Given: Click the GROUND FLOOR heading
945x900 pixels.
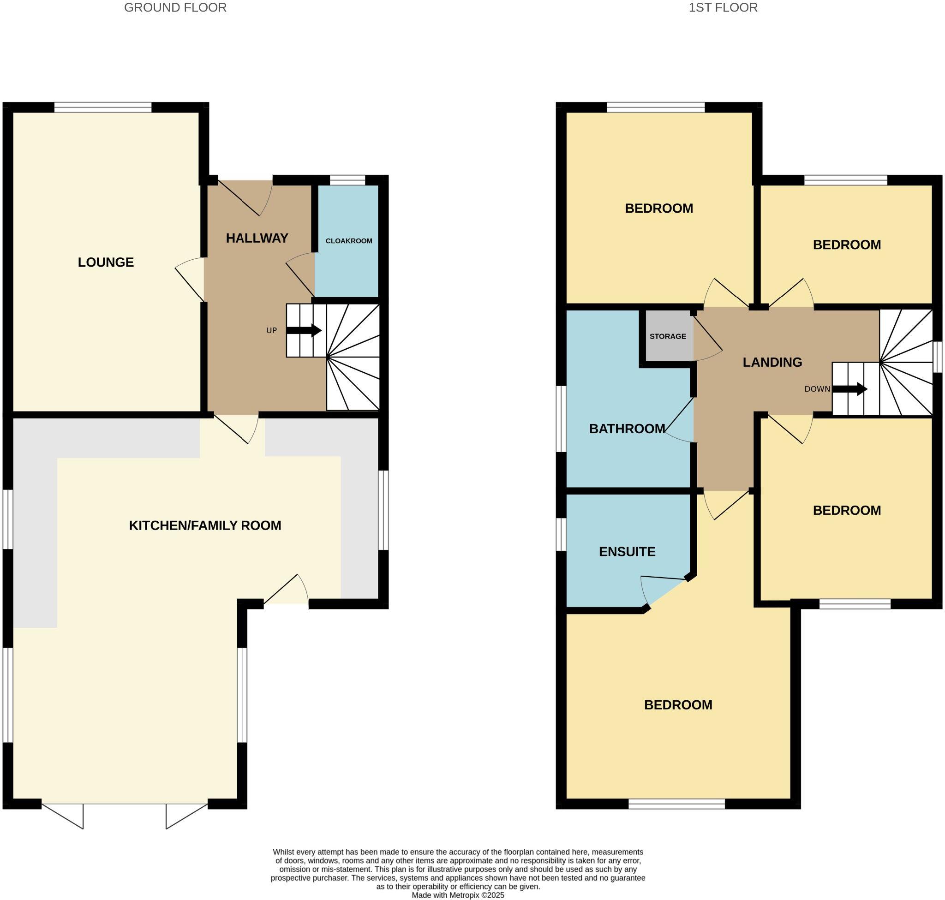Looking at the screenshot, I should tap(175, 8).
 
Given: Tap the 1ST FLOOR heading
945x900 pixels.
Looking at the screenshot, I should tap(723, 8).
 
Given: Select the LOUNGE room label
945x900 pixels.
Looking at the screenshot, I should tap(106, 262).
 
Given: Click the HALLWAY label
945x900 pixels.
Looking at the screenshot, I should tap(257, 238).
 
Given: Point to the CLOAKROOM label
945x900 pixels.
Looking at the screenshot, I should tap(348, 241).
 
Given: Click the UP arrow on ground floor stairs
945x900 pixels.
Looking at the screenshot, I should tap(304, 330).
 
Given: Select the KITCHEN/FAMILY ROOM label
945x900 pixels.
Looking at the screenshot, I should tap(205, 526).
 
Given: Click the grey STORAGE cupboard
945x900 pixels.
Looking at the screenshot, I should tap(668, 336).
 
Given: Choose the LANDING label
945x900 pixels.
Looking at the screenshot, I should tap(772, 362).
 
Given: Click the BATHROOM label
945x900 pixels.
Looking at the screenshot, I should tap(627, 429).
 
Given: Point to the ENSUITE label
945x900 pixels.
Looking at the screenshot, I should tap(627, 552).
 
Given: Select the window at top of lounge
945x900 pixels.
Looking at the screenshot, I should tap(103, 107).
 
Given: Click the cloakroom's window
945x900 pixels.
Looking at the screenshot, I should tap(347, 180).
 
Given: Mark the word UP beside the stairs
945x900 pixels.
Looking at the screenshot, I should tap(272, 331).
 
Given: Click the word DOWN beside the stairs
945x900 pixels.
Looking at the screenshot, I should tap(817, 389).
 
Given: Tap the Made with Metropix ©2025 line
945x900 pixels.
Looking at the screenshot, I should tap(457, 895).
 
